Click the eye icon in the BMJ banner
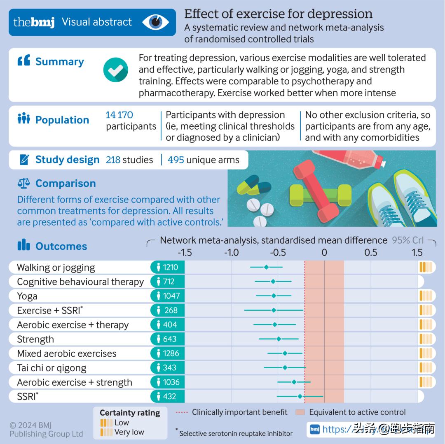[x=156, y=22]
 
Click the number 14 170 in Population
[x=119, y=115]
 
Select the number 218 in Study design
[x=113, y=160]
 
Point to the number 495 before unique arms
[x=176, y=160]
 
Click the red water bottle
[x=350, y=158]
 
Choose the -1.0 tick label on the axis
[x=231, y=252]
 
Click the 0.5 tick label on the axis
[x=371, y=252]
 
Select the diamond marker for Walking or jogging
[x=266, y=267]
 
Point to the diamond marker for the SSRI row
[x=300, y=396]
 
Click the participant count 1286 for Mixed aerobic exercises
[x=171, y=353]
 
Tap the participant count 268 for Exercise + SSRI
[x=171, y=310]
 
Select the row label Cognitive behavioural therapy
[x=80, y=282]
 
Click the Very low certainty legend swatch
[x=106, y=432]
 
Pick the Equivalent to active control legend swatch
[x=300, y=412]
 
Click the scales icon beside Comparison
[x=23, y=183]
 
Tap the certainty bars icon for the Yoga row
[x=426, y=296]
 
